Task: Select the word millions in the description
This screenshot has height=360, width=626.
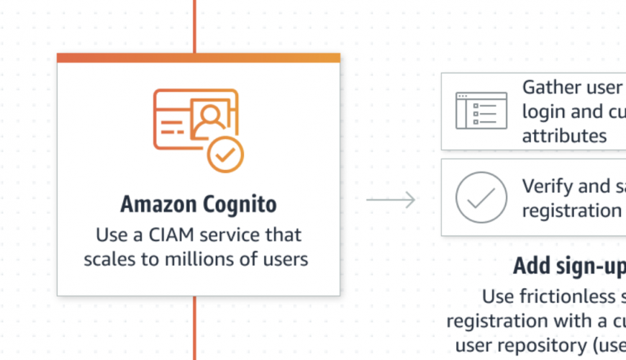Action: tap(194, 259)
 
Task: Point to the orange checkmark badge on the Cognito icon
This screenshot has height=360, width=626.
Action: tap(225, 153)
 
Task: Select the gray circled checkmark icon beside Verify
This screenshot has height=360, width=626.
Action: tap(481, 197)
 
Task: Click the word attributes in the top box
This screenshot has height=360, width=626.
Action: tap(564, 135)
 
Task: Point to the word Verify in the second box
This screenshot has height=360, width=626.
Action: tap(548, 186)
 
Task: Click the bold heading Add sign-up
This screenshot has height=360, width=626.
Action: tap(568, 266)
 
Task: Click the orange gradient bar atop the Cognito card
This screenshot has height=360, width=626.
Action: tap(199, 58)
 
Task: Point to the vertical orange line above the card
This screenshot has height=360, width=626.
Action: tap(194, 25)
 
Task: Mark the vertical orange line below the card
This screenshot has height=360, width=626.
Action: tap(194, 328)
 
